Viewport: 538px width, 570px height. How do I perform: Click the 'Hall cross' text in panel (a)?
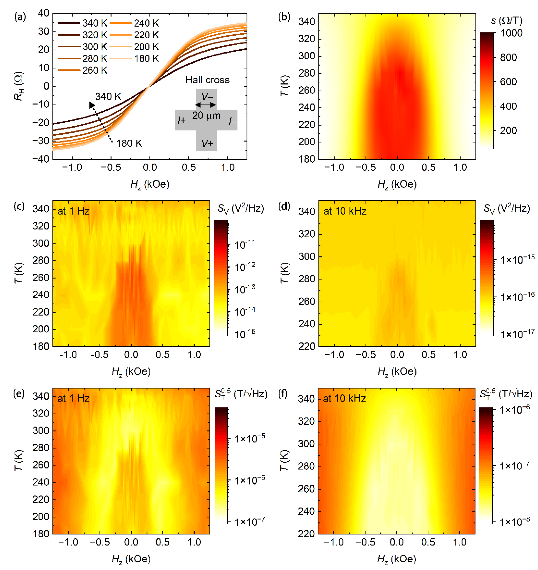(207, 80)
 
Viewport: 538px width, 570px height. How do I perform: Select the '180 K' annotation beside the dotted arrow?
(129, 143)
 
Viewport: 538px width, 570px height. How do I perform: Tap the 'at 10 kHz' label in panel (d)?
(345, 211)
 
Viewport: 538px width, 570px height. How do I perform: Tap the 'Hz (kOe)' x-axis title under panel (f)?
(397, 559)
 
